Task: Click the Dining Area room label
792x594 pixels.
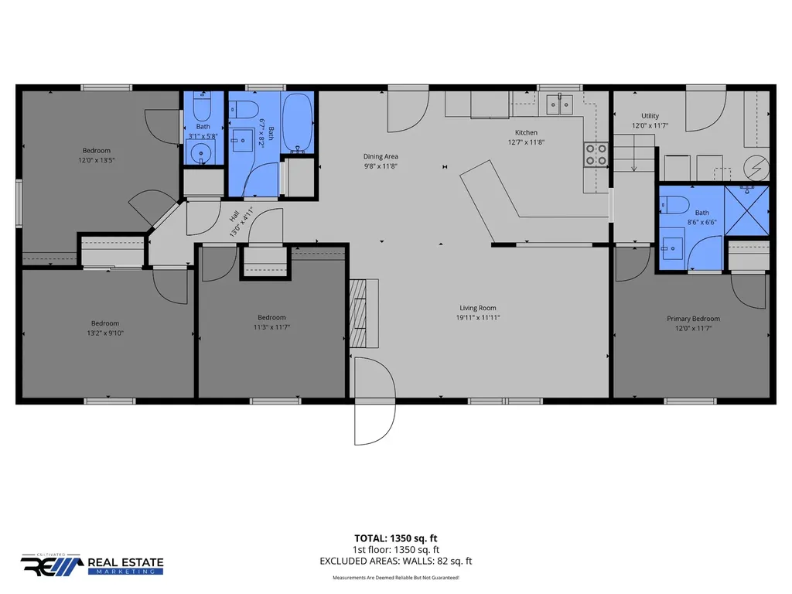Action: point(381,156)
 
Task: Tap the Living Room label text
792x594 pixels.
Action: point(478,308)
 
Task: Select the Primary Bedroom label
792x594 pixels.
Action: point(693,319)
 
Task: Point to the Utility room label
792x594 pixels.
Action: point(650,116)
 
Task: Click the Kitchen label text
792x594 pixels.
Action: point(526,133)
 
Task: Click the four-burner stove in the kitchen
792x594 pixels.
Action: point(596,155)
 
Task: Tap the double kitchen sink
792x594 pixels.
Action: point(560,105)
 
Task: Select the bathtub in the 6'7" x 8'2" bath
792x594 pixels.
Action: point(297,122)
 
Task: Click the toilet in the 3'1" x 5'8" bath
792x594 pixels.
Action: point(203,106)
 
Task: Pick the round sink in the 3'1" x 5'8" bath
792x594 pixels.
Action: point(201,152)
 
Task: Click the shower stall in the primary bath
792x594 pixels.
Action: point(746,210)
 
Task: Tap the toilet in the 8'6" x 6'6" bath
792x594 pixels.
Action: point(674,205)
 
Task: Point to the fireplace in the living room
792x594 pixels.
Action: point(364,313)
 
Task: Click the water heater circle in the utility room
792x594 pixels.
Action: point(756,168)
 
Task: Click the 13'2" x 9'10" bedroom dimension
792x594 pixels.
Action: point(105,333)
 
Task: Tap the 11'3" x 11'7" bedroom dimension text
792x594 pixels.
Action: point(271,327)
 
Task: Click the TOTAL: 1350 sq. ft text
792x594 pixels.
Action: point(395,538)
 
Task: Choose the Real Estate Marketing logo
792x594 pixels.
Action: point(92,564)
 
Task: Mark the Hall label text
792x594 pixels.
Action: point(234,217)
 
